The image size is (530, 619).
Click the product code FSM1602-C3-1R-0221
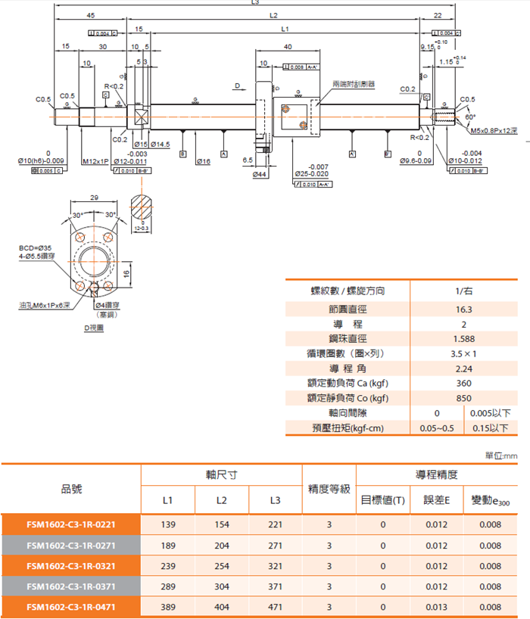click(71, 524)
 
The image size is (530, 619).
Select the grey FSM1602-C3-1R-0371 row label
click(71, 586)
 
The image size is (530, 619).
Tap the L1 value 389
click(167, 607)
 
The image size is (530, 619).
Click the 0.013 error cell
click(437, 607)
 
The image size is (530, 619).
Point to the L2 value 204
click(221, 546)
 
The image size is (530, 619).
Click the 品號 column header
click(71, 489)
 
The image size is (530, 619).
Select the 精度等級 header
click(329, 489)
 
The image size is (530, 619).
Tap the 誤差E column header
click(437, 500)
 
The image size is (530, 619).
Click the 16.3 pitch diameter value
click(464, 309)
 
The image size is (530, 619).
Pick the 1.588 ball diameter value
click(464, 338)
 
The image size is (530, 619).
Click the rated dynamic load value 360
click(464, 383)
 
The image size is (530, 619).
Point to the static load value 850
click(464, 398)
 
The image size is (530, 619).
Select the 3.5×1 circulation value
click(464, 353)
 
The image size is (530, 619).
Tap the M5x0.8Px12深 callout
click(493, 130)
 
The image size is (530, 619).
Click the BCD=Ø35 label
click(35, 247)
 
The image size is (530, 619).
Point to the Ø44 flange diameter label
click(259, 174)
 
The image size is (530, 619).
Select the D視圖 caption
click(94, 328)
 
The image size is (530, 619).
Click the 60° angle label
click(471, 117)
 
